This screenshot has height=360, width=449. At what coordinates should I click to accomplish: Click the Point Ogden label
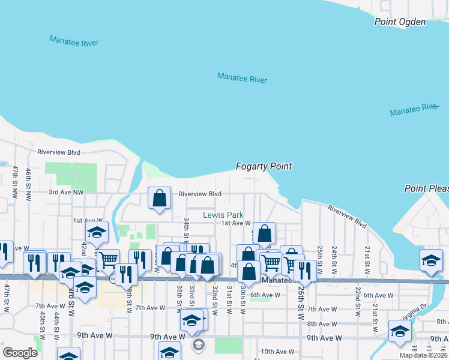(x=400, y=22)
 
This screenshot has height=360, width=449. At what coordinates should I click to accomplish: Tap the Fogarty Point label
(x=264, y=166)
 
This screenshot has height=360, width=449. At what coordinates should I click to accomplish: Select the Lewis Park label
(x=223, y=215)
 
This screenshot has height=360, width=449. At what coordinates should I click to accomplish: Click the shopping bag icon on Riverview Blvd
(x=159, y=199)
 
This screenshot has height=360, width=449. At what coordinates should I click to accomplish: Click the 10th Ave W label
(x=276, y=352)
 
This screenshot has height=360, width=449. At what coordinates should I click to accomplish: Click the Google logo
(x=20, y=353)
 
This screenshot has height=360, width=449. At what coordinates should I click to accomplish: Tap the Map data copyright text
(x=424, y=356)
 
